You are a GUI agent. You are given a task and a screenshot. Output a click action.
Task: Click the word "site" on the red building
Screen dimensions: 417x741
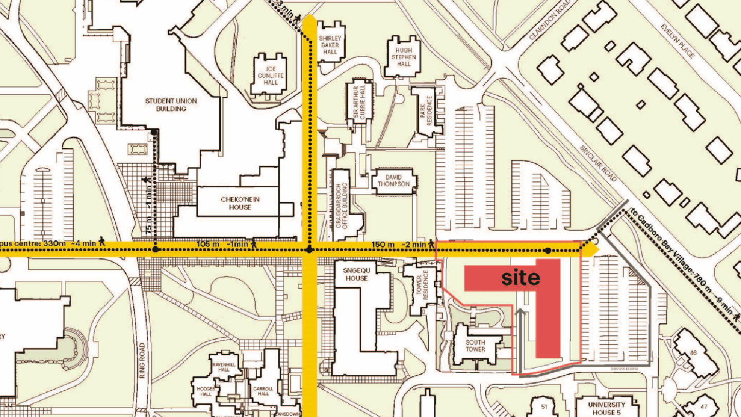coord(520,278)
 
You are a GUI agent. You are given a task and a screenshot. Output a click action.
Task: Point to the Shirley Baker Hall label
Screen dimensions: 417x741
coord(330,45)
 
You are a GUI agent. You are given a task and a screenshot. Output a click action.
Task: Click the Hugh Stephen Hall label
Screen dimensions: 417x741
coord(403,57)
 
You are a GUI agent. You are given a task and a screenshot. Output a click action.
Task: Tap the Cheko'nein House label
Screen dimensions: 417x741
coord(236,203)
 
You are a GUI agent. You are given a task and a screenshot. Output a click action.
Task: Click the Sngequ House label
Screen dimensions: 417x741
coord(357,274)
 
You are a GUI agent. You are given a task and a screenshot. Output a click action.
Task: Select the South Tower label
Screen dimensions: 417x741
coord(475,345)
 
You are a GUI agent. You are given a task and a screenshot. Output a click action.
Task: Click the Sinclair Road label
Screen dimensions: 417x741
coord(598,162)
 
